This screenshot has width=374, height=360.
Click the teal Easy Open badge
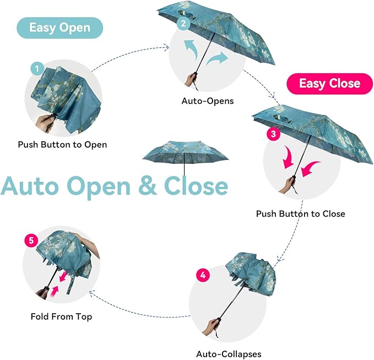(59, 28)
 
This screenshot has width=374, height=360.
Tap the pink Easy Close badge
(329, 84)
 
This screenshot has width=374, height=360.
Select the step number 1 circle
(36, 69)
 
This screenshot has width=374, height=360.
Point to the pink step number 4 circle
(203, 275)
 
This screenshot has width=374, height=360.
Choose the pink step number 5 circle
(31, 241)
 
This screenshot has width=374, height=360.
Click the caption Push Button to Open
(62, 145)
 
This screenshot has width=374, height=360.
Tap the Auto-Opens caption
(208, 101)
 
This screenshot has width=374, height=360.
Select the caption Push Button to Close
(300, 213)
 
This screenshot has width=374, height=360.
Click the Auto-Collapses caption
(229, 353)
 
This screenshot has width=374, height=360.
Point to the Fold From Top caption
(61, 316)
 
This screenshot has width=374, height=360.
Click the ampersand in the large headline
(146, 186)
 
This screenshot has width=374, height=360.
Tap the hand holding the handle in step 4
(210, 327)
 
